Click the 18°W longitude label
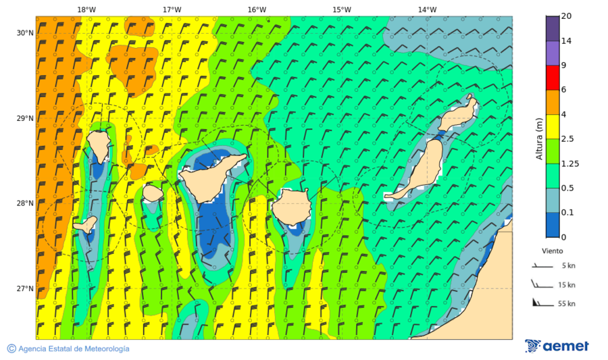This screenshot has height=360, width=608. coord(86,9)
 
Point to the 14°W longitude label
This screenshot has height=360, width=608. coord(427,9)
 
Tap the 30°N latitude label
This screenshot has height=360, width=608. coord(25,33)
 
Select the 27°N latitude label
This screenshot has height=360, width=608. coord(25,288)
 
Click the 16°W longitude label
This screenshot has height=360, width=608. coord(256,9)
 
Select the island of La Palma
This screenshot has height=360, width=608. coord(99,143)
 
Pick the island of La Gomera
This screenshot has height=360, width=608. coord(153,193)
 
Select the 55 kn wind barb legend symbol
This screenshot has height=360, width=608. coord(538,302)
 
